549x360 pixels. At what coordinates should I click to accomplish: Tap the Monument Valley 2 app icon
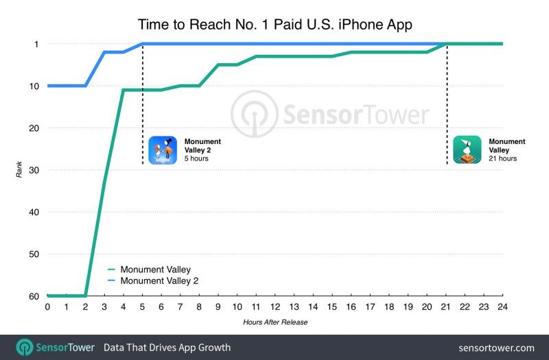tap(163, 150)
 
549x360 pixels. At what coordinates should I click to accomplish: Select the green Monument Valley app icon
tap(467, 150)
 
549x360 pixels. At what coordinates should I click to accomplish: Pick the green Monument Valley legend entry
tap(154, 269)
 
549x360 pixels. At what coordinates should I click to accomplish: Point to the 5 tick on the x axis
tap(142, 307)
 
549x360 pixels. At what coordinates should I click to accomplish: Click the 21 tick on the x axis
tap(446, 307)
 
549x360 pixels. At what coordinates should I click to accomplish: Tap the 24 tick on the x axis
tap(503, 307)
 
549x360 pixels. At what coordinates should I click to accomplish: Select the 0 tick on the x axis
tap(47, 307)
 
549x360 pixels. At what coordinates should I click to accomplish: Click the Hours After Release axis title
tap(274, 322)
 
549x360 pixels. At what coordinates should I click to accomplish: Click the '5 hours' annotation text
tap(196, 159)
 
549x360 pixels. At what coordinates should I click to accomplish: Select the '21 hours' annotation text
tap(503, 159)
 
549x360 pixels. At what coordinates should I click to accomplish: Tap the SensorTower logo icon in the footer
tap(25, 347)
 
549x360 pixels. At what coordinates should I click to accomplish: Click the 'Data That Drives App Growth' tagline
tap(167, 348)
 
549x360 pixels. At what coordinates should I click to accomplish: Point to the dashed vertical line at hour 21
tap(447, 103)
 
